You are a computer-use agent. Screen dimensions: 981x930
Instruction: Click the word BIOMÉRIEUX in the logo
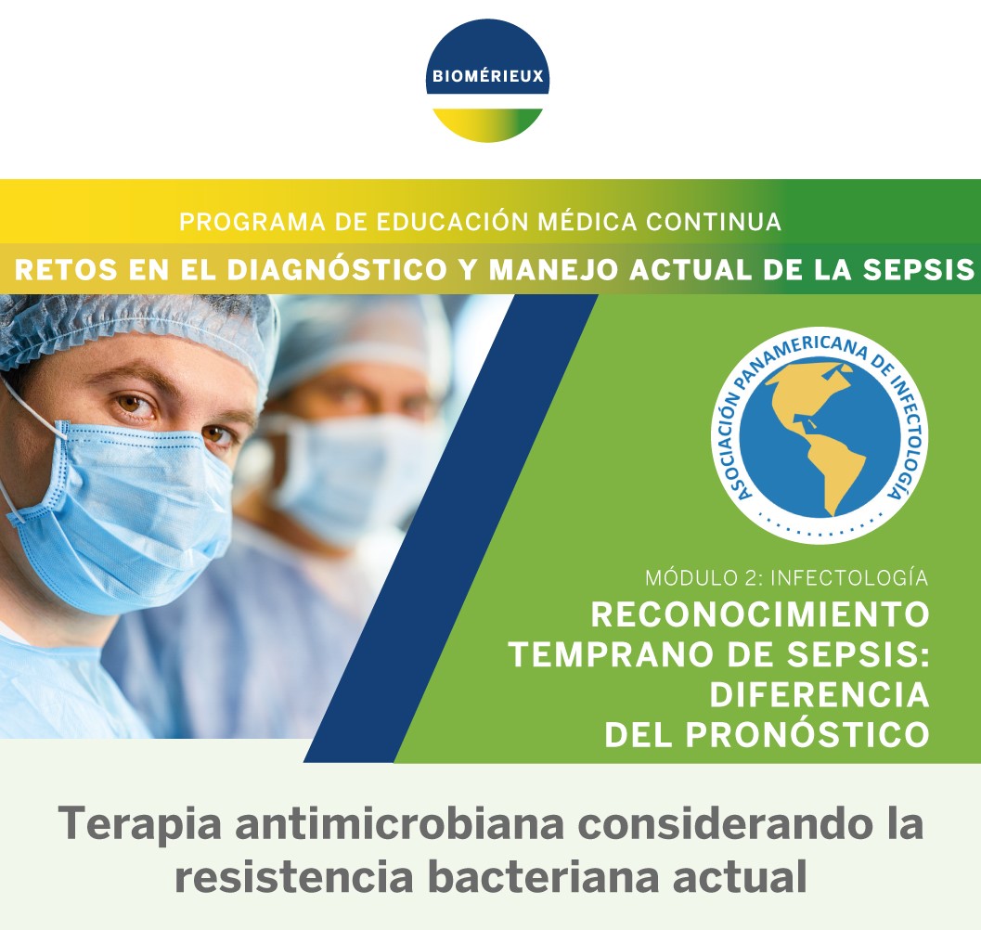[x=487, y=76]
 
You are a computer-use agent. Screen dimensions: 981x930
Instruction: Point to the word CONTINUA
[x=714, y=222]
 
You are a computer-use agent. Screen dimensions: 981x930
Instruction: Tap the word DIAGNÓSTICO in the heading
[x=337, y=270]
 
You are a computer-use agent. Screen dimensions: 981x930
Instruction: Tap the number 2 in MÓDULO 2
[x=750, y=578]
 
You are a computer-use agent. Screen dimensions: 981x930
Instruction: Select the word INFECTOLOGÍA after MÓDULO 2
[x=849, y=577]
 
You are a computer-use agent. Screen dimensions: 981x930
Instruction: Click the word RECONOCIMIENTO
[x=760, y=614]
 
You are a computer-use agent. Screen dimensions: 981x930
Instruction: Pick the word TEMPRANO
[x=612, y=654]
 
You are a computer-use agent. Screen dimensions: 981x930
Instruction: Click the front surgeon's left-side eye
[x=136, y=404]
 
